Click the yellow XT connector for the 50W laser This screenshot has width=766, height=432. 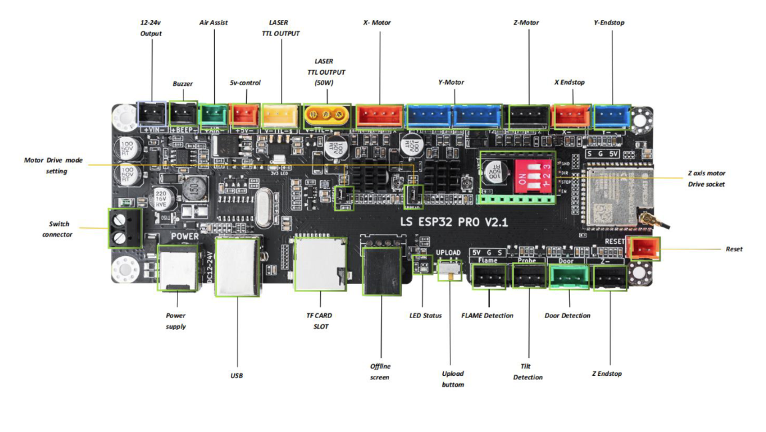point(328,116)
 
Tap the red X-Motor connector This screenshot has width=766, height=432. point(380,116)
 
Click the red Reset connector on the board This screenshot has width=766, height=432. point(645,249)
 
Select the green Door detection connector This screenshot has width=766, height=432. point(568,277)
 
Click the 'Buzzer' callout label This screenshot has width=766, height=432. point(183,84)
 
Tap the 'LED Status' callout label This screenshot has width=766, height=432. point(425,315)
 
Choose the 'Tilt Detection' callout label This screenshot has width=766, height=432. point(528,371)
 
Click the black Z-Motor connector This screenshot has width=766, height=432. point(528,116)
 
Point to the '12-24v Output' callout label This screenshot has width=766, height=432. point(151,28)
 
